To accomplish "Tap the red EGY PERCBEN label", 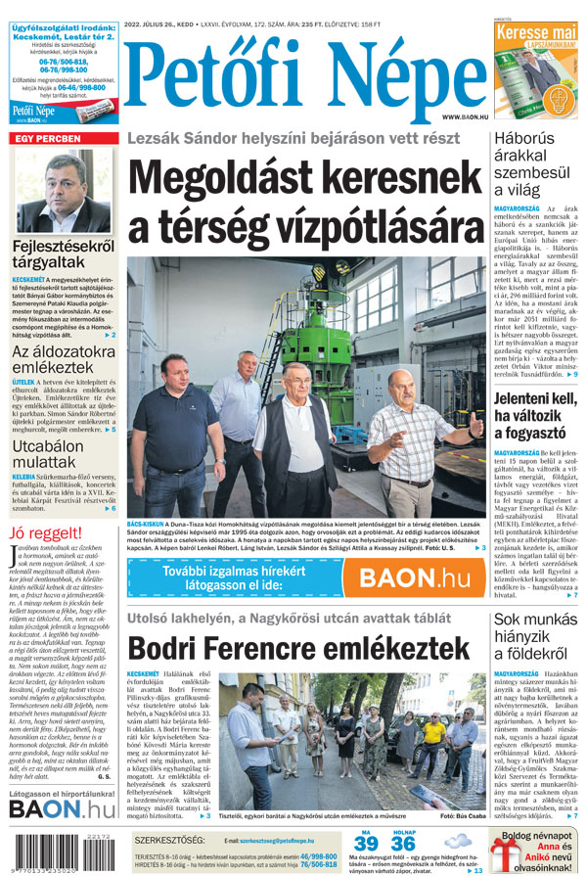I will click(x=46, y=139).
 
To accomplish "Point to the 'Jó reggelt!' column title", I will click(x=45, y=533).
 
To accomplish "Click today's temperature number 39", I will click(x=366, y=845).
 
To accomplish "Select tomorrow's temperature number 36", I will click(x=402, y=845).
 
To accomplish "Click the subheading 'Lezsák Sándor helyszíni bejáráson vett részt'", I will click(x=293, y=138).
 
